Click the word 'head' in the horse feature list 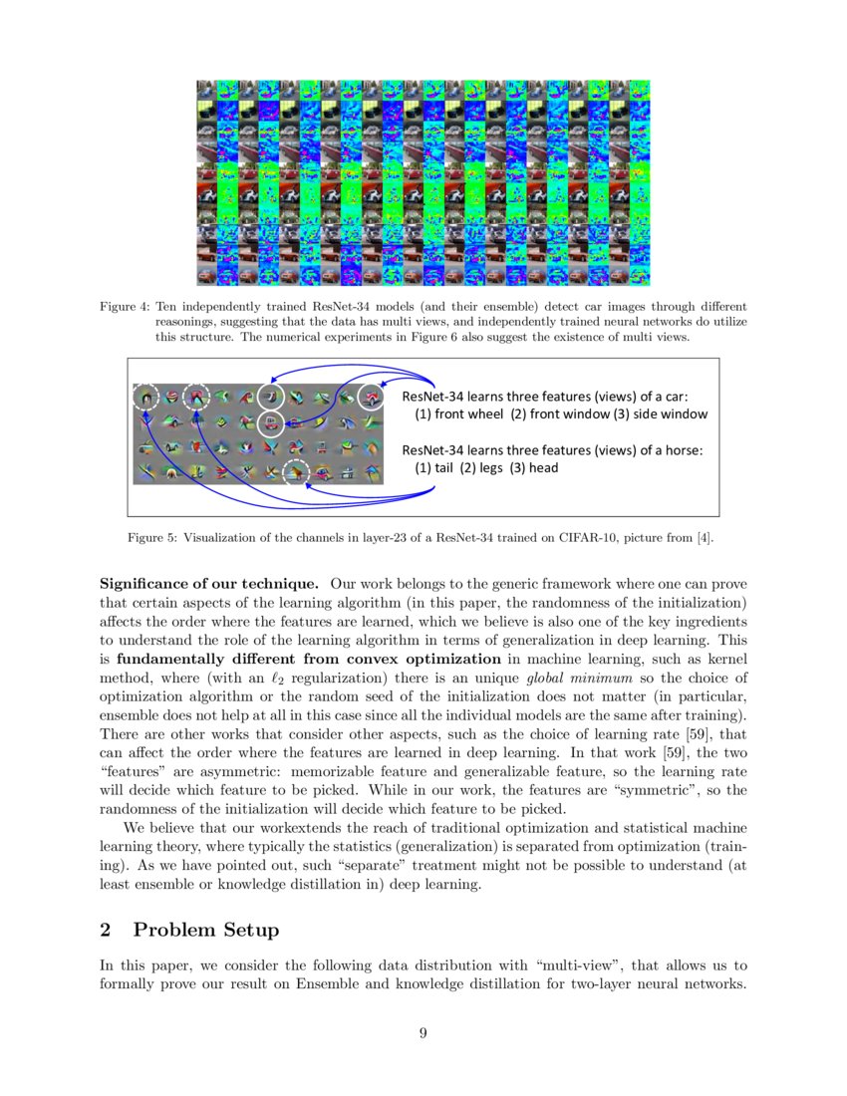(x=543, y=467)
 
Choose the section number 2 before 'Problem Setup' (x=106, y=930)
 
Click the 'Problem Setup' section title (x=206, y=930)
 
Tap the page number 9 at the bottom (x=423, y=1033)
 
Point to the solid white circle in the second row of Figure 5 (x=270, y=424)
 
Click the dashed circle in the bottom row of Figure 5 (x=296, y=471)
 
